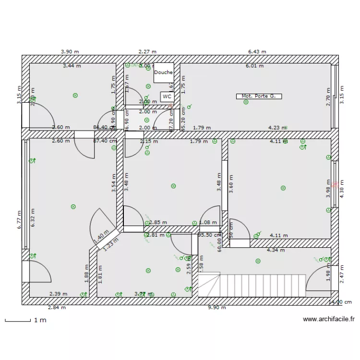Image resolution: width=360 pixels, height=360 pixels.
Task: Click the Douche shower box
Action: coord(164,72)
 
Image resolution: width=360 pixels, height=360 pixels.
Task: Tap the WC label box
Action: coord(167,96)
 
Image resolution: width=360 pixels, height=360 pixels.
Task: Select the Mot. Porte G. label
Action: coord(259,96)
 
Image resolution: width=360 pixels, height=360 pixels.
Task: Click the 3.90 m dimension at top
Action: coord(70,51)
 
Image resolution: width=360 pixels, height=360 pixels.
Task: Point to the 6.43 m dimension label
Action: coord(257,51)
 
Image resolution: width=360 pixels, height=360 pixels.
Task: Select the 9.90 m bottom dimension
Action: coord(216,308)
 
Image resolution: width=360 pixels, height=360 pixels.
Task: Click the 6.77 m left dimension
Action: coord(20,220)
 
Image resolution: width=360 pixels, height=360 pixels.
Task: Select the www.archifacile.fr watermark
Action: coord(329,319)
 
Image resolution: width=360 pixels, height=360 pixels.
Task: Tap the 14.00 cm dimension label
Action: coord(339,302)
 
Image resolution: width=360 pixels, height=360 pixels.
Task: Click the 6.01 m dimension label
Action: coord(254,66)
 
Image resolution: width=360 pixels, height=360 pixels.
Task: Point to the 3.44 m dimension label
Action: coord(72,66)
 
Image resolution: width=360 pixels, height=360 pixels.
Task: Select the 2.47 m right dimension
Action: coord(342,274)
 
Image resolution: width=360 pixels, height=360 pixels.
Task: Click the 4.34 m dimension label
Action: coord(276,250)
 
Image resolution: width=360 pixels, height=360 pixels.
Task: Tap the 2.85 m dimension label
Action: coord(158,222)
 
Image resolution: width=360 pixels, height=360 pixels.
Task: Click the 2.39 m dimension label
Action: coord(58,294)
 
